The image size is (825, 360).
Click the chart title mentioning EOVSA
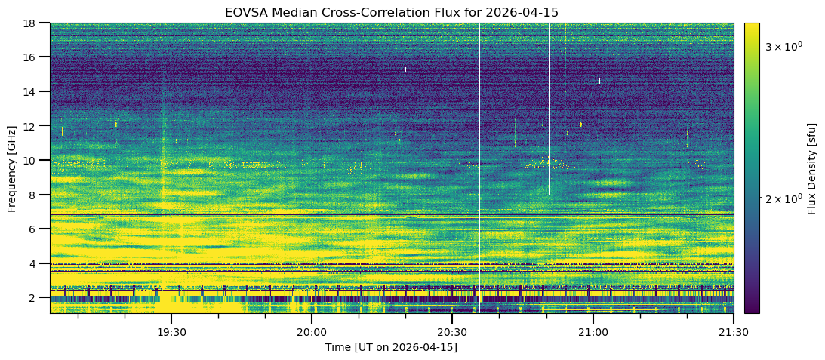[x=391, y=12]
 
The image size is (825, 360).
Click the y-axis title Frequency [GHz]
[x=13, y=168]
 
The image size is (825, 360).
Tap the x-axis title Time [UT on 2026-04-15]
[x=391, y=347]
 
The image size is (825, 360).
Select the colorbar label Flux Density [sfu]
[x=812, y=168]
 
